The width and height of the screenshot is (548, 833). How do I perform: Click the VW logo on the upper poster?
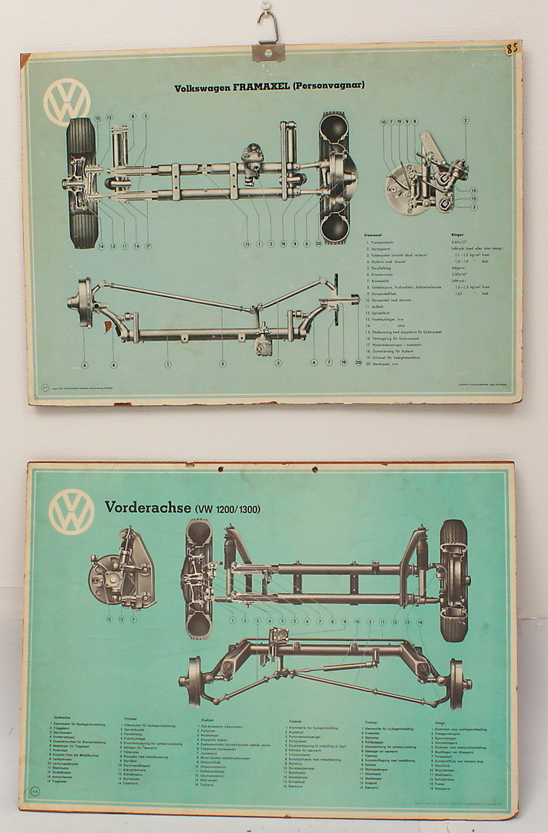pyautogui.click(x=66, y=102)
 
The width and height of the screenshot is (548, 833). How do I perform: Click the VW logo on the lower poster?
pyautogui.click(x=71, y=512)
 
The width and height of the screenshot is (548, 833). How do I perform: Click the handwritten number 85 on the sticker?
pyautogui.click(x=511, y=49)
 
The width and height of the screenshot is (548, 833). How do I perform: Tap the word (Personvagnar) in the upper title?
pyautogui.click(x=327, y=86)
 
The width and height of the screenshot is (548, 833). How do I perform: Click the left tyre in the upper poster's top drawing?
pyautogui.click(x=82, y=183)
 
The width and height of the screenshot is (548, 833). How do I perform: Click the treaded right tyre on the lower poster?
pyautogui.click(x=453, y=580)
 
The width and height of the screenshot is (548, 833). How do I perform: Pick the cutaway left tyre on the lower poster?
pyautogui.click(x=197, y=578)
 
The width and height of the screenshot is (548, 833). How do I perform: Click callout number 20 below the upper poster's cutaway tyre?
pyautogui.click(x=358, y=362)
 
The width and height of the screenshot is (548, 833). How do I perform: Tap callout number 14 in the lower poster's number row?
pyautogui.click(x=419, y=621)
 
